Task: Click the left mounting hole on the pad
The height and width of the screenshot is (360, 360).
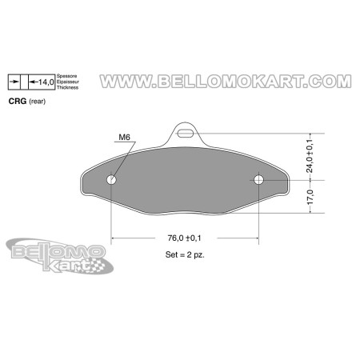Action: click(111, 180)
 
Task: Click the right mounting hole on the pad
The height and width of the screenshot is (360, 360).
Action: click(258, 180)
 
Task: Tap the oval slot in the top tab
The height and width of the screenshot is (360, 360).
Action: click(186, 133)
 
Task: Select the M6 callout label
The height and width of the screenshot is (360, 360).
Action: click(124, 138)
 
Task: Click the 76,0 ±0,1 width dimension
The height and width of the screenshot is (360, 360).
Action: click(184, 238)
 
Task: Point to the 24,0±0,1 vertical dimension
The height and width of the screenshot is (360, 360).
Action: click(310, 156)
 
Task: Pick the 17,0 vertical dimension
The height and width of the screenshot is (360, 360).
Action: click(310, 197)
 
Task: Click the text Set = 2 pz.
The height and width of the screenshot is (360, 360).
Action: click(185, 254)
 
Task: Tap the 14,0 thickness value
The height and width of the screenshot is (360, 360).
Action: click(46, 82)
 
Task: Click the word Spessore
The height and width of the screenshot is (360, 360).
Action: click(67, 76)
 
